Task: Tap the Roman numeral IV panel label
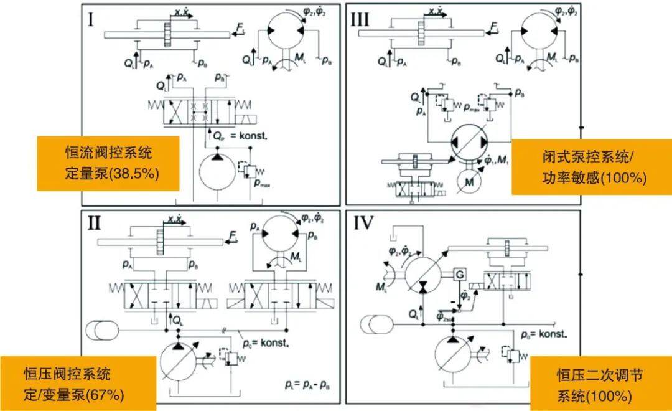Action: [x=363, y=223]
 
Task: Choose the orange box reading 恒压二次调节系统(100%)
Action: [x=600, y=384]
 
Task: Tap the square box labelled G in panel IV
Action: [x=460, y=274]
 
